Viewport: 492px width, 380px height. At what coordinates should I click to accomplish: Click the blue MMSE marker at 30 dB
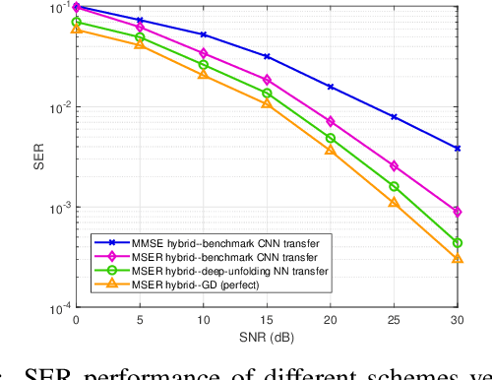pos(457,149)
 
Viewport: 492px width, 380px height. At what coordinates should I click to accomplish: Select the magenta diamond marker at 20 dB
pos(331,122)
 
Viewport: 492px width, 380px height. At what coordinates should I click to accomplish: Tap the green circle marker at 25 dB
pos(394,186)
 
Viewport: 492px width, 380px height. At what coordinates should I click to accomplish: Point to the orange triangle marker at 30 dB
pos(457,258)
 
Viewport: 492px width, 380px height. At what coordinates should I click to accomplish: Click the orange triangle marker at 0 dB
pos(77,30)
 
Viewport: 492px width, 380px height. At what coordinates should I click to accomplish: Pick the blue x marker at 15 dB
pos(267,57)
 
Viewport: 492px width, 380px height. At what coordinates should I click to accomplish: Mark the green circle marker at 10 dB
pos(204,65)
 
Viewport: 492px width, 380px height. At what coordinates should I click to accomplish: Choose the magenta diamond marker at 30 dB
pos(457,212)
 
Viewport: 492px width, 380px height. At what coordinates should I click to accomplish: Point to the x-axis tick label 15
pos(267,320)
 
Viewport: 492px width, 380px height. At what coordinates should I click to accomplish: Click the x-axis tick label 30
pos(457,320)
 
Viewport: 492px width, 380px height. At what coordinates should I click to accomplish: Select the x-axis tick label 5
pos(140,320)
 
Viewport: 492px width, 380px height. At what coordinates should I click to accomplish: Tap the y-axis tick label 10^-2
pos(59,108)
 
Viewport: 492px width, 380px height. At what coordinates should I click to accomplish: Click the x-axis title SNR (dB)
pos(266,337)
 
